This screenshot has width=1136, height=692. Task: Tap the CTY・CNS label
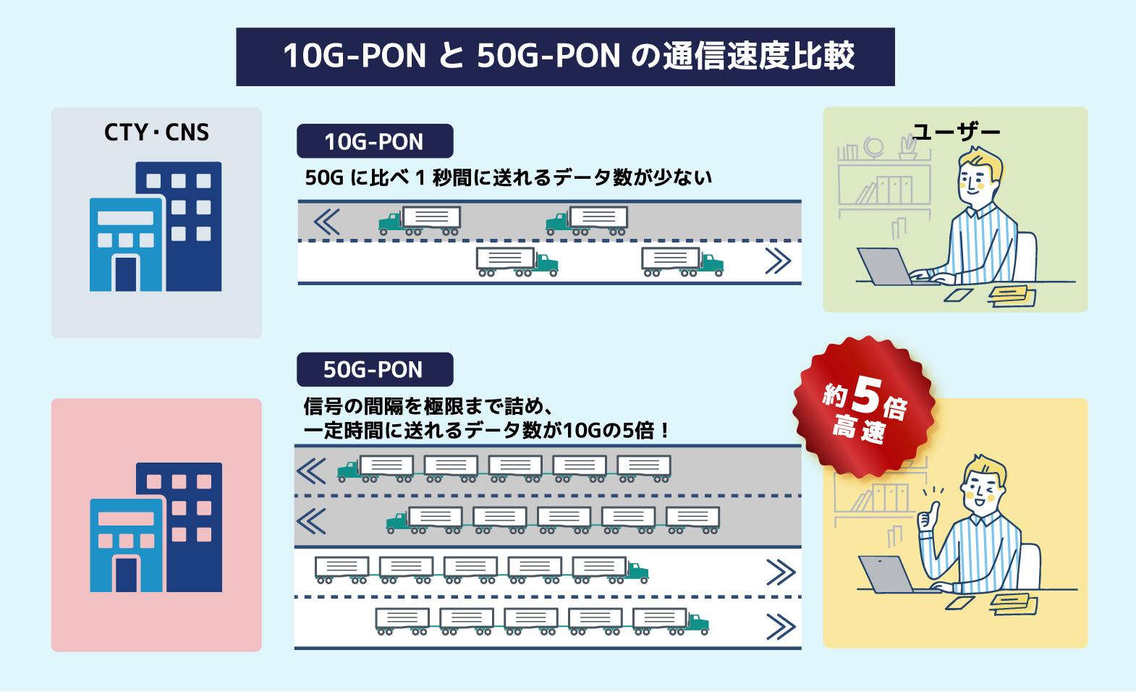[156, 132]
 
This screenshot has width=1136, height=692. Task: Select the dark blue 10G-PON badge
[374, 141]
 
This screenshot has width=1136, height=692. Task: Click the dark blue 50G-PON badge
[374, 369]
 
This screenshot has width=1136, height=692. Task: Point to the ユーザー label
[956, 132]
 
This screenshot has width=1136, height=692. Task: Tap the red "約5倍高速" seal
[864, 407]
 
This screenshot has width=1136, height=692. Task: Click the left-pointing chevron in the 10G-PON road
[327, 221]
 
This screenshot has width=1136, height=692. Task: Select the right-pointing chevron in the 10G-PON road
[778, 261]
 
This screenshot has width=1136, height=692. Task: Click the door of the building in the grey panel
[126, 274]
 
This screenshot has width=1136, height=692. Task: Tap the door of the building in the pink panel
[127, 574]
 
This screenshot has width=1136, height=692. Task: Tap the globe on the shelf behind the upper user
[874, 147]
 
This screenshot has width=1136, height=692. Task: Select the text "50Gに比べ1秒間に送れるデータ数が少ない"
[508, 177]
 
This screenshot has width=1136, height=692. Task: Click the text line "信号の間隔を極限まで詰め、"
[428, 406]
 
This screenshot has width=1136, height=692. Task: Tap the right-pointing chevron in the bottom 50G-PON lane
[781, 627]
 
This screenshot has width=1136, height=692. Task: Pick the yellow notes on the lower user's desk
[1013, 603]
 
